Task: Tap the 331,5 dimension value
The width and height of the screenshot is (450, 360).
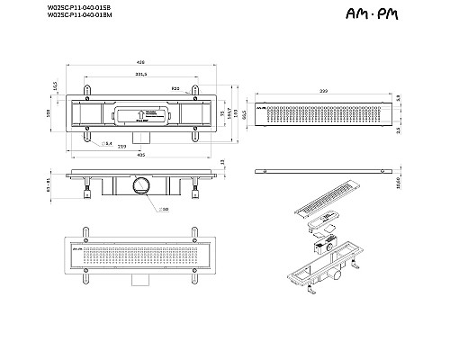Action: (140, 75)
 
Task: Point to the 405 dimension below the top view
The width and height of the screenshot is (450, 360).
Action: (142, 154)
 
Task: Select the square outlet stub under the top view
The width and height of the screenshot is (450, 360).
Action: (140, 136)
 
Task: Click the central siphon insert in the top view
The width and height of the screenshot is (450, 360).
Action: (141, 114)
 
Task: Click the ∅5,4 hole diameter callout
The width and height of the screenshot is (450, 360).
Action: (107, 142)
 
